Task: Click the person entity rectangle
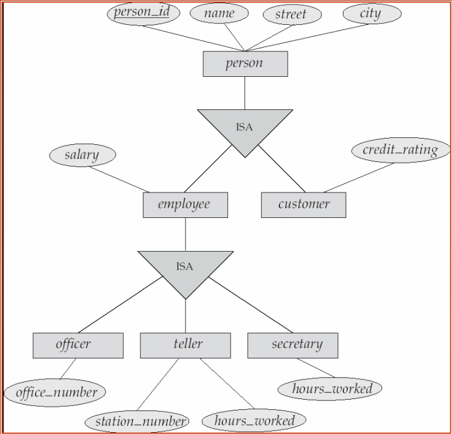click(x=245, y=64)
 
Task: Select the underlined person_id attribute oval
click(x=142, y=13)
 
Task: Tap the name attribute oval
click(x=219, y=13)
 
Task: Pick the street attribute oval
click(x=291, y=15)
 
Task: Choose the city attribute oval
click(x=371, y=13)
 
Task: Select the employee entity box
click(x=185, y=205)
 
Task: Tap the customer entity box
click(x=303, y=205)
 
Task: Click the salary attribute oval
click(x=82, y=155)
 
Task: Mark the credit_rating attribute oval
click(x=400, y=151)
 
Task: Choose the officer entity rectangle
click(x=77, y=345)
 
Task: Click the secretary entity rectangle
click(x=293, y=345)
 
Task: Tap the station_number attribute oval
click(x=136, y=421)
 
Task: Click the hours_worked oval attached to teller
click(x=253, y=421)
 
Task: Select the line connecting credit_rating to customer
click(x=359, y=177)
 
